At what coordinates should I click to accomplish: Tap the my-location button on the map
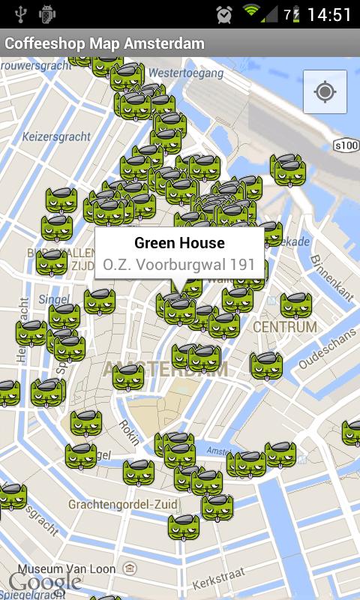[325, 92]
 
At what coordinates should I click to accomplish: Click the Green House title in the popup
[179, 243]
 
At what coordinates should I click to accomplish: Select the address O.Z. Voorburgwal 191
[179, 265]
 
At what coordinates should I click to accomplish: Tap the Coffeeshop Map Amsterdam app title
[104, 43]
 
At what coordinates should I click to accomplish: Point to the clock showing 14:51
[329, 15]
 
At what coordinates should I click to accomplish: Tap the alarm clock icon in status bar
[223, 14]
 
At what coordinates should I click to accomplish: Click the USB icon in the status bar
[19, 13]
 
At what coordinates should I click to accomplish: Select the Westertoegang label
[187, 73]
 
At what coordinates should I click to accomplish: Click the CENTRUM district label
[285, 328]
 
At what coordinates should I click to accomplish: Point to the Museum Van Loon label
[67, 568]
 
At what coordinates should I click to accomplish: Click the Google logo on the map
[45, 583]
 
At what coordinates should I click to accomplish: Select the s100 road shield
[346, 145]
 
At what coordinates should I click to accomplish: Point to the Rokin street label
[128, 436]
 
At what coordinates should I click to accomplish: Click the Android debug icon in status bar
[47, 13]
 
